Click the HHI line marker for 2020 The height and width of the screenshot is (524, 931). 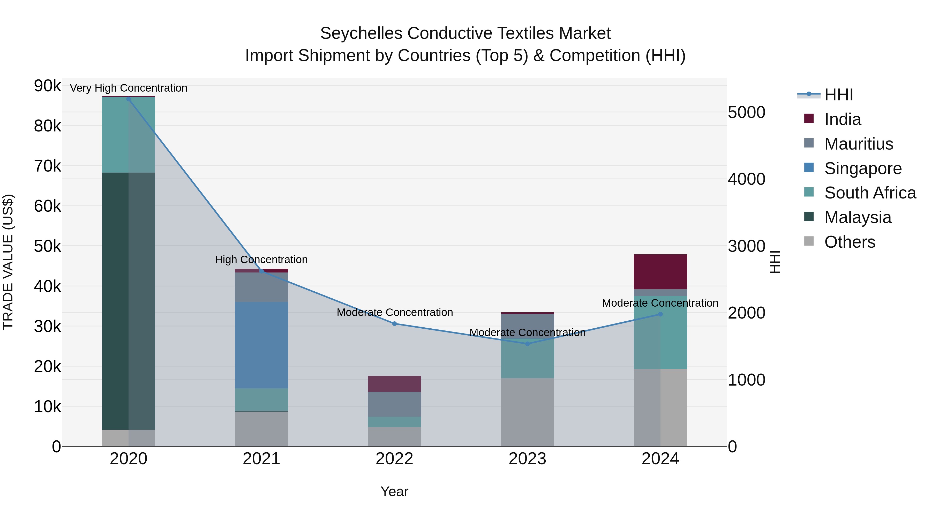click(128, 99)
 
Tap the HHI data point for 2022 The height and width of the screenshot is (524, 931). click(394, 324)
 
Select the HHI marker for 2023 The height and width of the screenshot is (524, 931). click(527, 344)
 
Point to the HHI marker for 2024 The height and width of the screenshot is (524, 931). click(660, 314)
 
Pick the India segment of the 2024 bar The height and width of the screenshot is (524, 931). click(660, 272)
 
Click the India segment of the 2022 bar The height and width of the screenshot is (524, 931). click(394, 384)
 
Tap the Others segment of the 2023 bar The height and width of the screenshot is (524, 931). click(527, 412)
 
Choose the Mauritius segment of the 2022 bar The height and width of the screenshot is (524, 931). click(394, 404)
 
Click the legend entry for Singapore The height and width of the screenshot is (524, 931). click(863, 168)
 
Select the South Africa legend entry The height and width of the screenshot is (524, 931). click(870, 193)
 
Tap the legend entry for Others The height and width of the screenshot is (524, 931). click(850, 242)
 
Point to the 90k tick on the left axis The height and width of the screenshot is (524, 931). click(47, 86)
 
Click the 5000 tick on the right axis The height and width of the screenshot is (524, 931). click(746, 113)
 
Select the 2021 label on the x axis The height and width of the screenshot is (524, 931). click(261, 459)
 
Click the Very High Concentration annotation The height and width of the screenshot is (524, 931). click(128, 88)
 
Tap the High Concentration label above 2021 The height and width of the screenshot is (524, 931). click(261, 260)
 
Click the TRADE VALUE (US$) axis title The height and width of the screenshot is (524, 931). click(8, 262)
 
